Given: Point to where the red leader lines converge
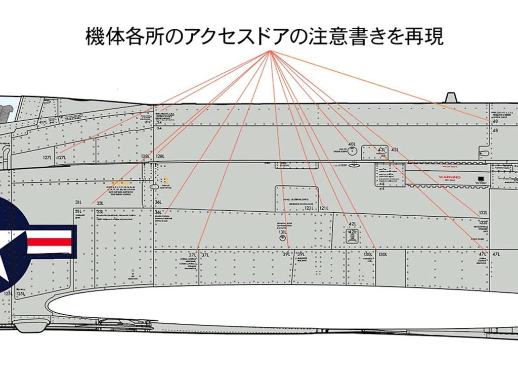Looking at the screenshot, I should click(271, 52).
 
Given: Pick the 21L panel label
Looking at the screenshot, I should click(147, 122).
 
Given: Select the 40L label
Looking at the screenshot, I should click(352, 144).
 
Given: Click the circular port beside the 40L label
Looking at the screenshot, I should click(353, 152).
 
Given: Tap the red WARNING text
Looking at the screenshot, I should click(449, 178).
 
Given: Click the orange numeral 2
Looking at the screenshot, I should click(165, 180).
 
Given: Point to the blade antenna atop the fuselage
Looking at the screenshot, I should click(451, 97).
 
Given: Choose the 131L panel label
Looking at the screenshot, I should click(282, 232).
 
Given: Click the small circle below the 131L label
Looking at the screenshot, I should click(283, 238).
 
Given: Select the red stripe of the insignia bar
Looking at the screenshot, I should click(49, 241).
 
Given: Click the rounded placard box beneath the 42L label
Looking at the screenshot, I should click(352, 235).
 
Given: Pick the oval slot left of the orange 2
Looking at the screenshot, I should click(154, 187).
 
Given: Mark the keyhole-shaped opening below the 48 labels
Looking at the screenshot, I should click(484, 152).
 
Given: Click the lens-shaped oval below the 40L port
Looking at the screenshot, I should click(354, 165).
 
